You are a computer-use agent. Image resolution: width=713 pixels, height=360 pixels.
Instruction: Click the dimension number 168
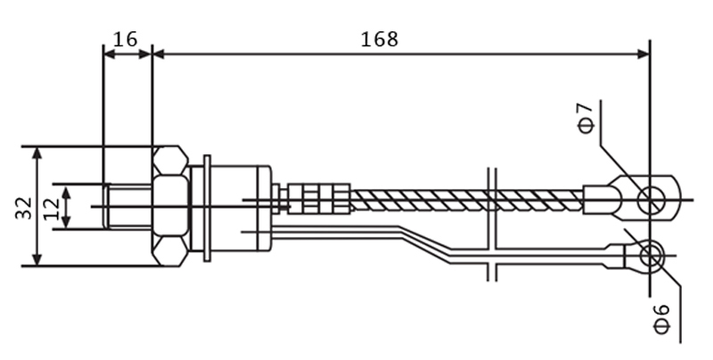380,39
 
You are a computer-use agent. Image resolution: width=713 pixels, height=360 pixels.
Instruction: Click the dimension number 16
125,39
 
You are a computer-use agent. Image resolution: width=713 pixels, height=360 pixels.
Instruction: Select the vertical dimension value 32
24,208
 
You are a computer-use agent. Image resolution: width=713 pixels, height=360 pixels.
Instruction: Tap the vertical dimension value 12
52,209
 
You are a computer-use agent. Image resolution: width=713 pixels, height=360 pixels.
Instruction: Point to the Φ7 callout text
586,119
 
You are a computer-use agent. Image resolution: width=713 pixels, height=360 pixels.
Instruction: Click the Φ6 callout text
661,318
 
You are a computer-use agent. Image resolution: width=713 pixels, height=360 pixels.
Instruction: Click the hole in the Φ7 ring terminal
651,200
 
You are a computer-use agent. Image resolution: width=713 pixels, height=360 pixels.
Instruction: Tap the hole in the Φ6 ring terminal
651,256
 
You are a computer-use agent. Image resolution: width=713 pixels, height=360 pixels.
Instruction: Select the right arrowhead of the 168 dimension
643,54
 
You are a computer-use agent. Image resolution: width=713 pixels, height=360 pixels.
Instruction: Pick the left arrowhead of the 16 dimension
110,54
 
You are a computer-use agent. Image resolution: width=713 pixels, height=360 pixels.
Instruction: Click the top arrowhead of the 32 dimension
37,153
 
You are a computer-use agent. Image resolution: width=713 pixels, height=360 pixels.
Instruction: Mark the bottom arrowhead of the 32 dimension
37,259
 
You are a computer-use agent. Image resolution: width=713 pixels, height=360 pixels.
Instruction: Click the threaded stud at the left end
128,207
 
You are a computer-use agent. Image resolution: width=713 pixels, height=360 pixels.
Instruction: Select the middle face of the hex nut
170,206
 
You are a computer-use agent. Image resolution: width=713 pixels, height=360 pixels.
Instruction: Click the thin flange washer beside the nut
207,209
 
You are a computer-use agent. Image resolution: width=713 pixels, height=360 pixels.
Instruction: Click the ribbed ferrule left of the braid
319,199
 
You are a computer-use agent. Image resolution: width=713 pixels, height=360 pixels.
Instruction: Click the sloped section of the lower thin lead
425,242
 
